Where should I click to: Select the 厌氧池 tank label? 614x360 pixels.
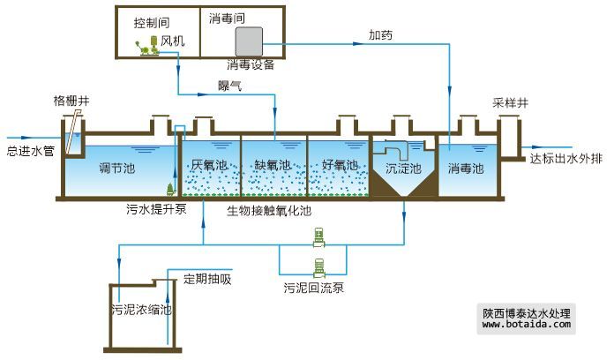pyautogui.click(x=209, y=166)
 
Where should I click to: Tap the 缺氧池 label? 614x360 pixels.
pyautogui.click(x=273, y=166)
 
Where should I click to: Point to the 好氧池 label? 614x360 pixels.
pyautogui.click(x=340, y=166)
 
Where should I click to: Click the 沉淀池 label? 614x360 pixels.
pyautogui.click(x=404, y=168)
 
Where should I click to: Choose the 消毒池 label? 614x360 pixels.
pyautogui.click(x=465, y=168)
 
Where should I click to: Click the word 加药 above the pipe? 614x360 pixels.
pyautogui.click(x=380, y=35)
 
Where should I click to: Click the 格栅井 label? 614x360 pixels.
pyautogui.click(x=71, y=102)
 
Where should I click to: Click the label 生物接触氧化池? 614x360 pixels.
pyautogui.click(x=269, y=211)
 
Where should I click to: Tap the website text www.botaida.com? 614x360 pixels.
pyautogui.click(x=528, y=325)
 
